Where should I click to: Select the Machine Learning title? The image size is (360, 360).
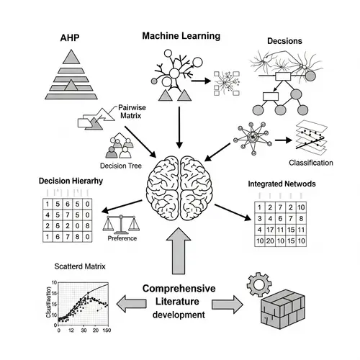click(x=181, y=35)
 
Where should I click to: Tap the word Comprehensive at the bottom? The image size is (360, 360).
click(x=180, y=288)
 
